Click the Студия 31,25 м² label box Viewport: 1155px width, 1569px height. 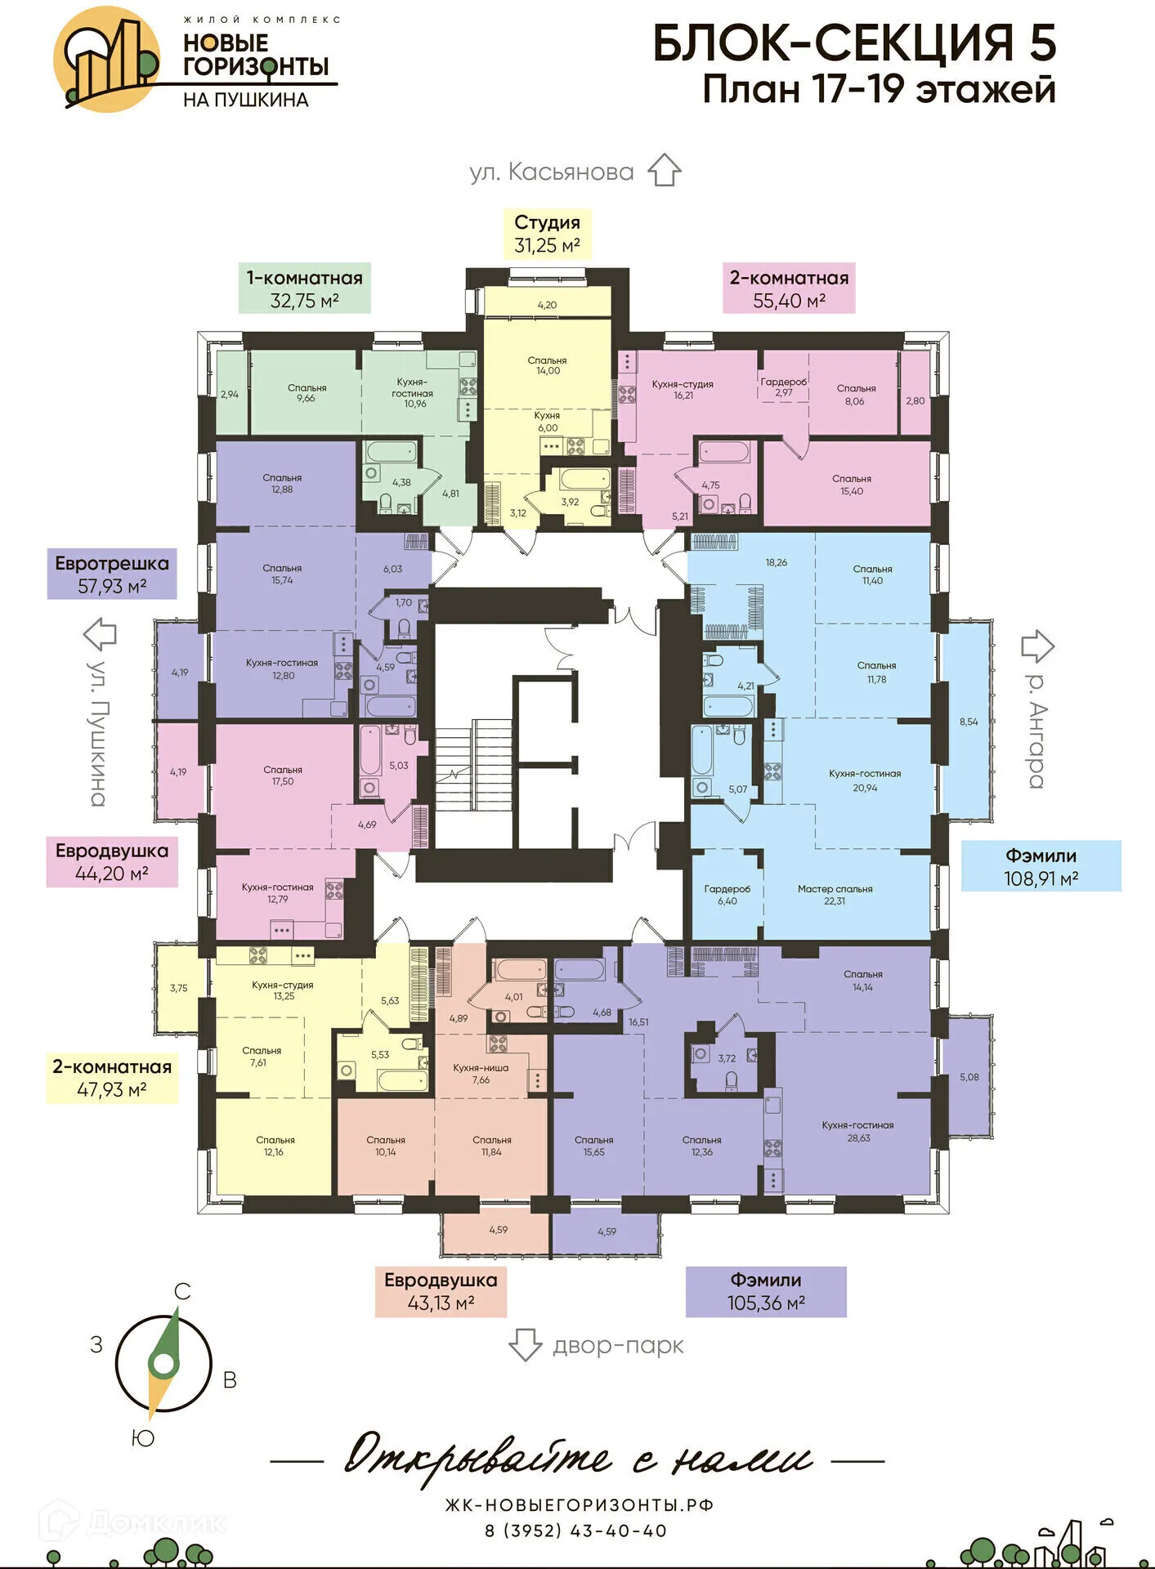(x=546, y=234)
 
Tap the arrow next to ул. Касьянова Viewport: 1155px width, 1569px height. (x=664, y=170)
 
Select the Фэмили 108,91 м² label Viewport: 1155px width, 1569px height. (x=1040, y=866)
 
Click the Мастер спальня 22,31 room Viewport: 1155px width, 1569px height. (x=835, y=895)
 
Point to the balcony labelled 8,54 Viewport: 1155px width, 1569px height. (x=968, y=722)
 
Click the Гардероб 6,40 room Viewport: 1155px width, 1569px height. (x=727, y=895)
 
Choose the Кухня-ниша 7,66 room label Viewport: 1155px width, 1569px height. (x=481, y=1074)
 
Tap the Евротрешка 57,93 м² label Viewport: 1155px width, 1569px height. (x=112, y=574)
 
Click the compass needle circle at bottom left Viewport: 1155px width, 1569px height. (x=163, y=1363)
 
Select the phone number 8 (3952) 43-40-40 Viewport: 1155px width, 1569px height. (x=576, y=1531)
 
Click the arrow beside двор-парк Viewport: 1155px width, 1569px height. (x=525, y=1344)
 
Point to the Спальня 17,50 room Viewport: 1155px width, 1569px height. (x=283, y=776)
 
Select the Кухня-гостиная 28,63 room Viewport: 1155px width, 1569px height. (x=857, y=1131)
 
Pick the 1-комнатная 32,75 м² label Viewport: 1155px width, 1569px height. (x=304, y=288)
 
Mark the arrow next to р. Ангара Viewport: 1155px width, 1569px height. (x=1037, y=646)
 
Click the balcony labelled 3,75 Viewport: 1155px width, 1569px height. (x=179, y=988)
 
